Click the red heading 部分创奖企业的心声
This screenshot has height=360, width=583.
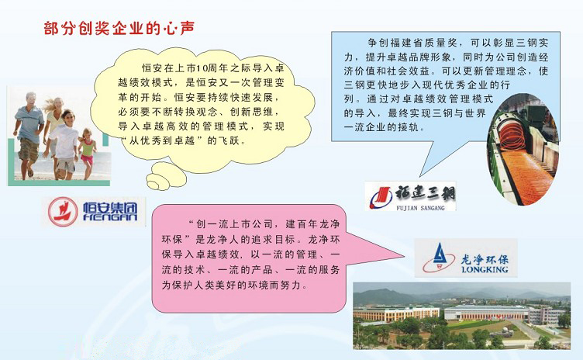point(119,28)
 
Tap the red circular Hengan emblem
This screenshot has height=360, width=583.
point(63,212)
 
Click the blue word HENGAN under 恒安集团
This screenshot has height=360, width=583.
point(110,217)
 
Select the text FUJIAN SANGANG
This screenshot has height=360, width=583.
point(420,208)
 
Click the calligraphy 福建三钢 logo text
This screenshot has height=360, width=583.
point(425,194)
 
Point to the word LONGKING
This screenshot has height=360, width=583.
point(485,269)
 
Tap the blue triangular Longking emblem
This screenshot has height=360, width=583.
point(440,258)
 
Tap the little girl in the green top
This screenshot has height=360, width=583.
point(88,153)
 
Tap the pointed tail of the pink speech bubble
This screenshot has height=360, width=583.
point(404,256)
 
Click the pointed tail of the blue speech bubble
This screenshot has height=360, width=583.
point(420,175)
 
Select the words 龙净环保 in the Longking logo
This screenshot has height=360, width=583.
point(485,258)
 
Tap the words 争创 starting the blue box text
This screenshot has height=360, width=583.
point(378,43)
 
